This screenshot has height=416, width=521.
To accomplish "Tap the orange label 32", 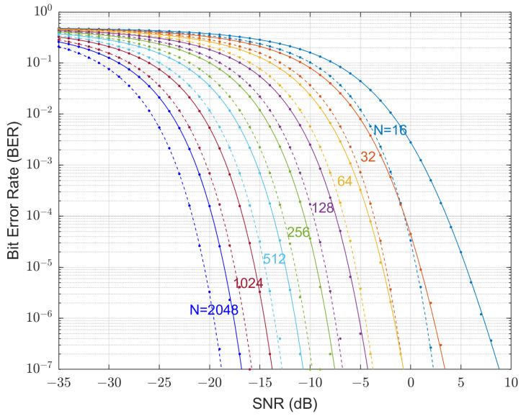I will tap(368, 157).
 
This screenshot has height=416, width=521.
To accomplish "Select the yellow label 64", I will tap(344, 181).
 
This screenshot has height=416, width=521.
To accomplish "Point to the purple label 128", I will tap(323, 208).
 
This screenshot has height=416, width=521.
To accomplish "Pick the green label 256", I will tap(298, 232).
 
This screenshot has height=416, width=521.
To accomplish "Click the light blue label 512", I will tap(274, 259).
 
